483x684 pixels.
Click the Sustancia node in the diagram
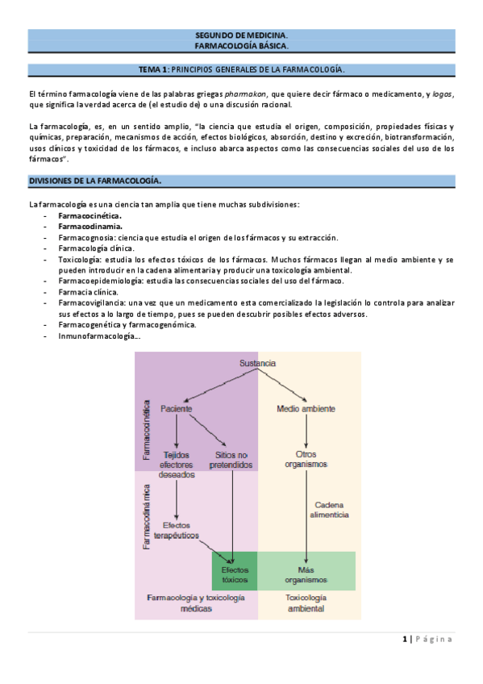(x=257, y=364)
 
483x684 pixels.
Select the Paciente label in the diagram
(x=176, y=409)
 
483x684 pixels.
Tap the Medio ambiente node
(x=306, y=409)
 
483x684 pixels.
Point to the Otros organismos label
(x=306, y=459)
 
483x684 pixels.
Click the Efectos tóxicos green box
(x=234, y=573)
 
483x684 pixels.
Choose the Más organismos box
(x=306, y=573)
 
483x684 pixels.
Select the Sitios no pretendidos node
(x=231, y=459)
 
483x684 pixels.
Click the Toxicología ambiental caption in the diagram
(x=306, y=603)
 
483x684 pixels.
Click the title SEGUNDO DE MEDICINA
(x=241, y=36)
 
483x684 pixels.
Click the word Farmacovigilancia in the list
(x=92, y=302)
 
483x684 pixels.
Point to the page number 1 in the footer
(x=405, y=639)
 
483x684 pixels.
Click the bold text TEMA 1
(x=154, y=70)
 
